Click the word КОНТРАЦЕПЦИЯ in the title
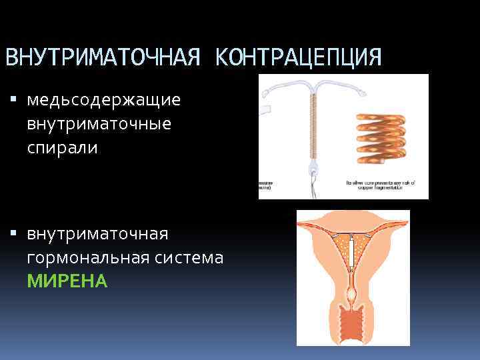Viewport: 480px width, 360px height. (x=299, y=57)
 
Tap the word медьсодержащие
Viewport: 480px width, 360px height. (x=104, y=101)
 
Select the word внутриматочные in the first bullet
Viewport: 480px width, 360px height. (x=99, y=124)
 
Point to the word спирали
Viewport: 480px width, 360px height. (x=63, y=147)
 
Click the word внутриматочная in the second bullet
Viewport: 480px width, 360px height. (x=98, y=234)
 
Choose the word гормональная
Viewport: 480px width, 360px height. (x=90, y=257)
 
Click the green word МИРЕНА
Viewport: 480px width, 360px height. (x=67, y=281)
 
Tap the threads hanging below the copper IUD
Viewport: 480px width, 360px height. (x=311, y=183)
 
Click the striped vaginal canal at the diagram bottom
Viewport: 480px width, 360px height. (x=353, y=324)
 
